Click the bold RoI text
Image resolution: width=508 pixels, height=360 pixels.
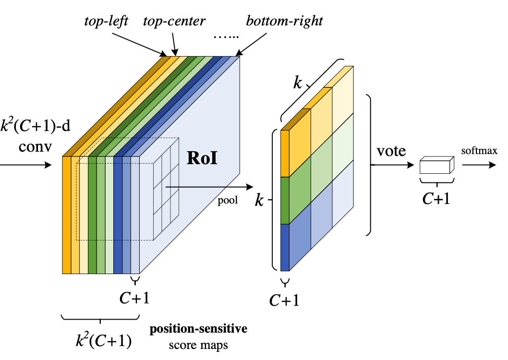point(202,157)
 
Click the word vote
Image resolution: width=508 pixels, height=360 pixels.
point(391,151)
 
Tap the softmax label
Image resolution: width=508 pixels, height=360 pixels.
point(479,151)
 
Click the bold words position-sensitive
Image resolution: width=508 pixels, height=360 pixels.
point(199,329)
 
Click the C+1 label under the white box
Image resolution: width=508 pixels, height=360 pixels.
point(436,198)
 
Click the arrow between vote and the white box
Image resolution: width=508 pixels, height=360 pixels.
point(391,164)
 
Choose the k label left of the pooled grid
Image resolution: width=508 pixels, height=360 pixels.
point(260,200)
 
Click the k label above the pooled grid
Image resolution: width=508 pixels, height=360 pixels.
point(298,83)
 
